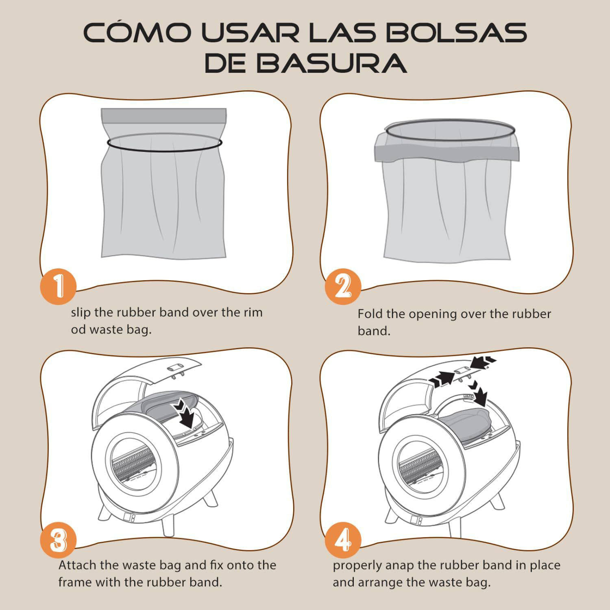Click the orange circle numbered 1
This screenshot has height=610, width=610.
pos(58,286)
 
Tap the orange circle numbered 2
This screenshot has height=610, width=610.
pos(343,286)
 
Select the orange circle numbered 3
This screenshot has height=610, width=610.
pos(58,540)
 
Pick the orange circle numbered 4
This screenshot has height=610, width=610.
pos(343,540)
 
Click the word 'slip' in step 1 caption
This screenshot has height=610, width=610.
pos(81,312)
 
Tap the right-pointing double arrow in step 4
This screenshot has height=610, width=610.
pos(443,379)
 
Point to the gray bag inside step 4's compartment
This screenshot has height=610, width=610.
pos(464,425)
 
